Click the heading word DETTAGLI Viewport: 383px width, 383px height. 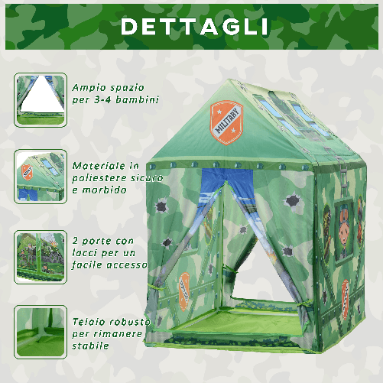(x=194, y=26)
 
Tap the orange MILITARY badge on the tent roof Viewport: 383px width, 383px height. (x=227, y=120)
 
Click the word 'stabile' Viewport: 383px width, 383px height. (x=92, y=346)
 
